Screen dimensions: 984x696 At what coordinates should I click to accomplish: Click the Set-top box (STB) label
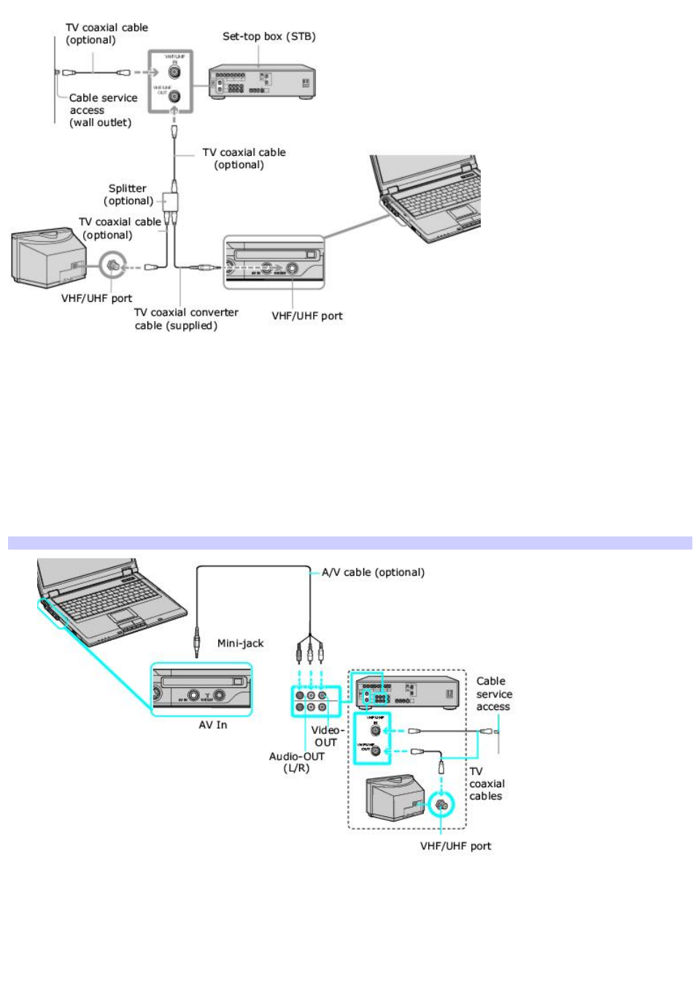coord(268,36)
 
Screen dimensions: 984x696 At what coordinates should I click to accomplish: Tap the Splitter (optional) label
coord(128,195)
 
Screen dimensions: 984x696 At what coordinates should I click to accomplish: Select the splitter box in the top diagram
coord(170,200)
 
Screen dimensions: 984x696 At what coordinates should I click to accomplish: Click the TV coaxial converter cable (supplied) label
coord(186,319)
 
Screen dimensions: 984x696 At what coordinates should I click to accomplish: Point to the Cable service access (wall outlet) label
coord(102,110)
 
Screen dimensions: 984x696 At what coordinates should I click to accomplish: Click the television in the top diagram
coord(47,257)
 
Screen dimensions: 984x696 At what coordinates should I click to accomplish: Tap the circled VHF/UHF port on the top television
coord(112,266)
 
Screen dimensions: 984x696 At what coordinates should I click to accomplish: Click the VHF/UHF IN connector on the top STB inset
coord(174,72)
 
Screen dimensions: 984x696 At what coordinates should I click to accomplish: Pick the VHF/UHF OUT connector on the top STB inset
coord(174,95)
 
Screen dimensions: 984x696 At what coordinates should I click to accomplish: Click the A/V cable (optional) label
coord(373,572)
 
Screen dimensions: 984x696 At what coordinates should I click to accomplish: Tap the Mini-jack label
coord(240,643)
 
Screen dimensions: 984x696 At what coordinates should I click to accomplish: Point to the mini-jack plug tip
coord(196,653)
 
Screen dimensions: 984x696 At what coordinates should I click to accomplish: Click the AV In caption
coord(212,725)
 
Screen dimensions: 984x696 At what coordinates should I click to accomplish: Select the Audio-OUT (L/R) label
coord(296,762)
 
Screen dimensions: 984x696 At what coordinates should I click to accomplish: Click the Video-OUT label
coord(326,736)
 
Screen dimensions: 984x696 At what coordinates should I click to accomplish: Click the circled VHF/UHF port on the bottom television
coord(441,805)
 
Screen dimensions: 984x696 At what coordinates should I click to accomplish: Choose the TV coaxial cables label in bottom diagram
coord(487,784)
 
